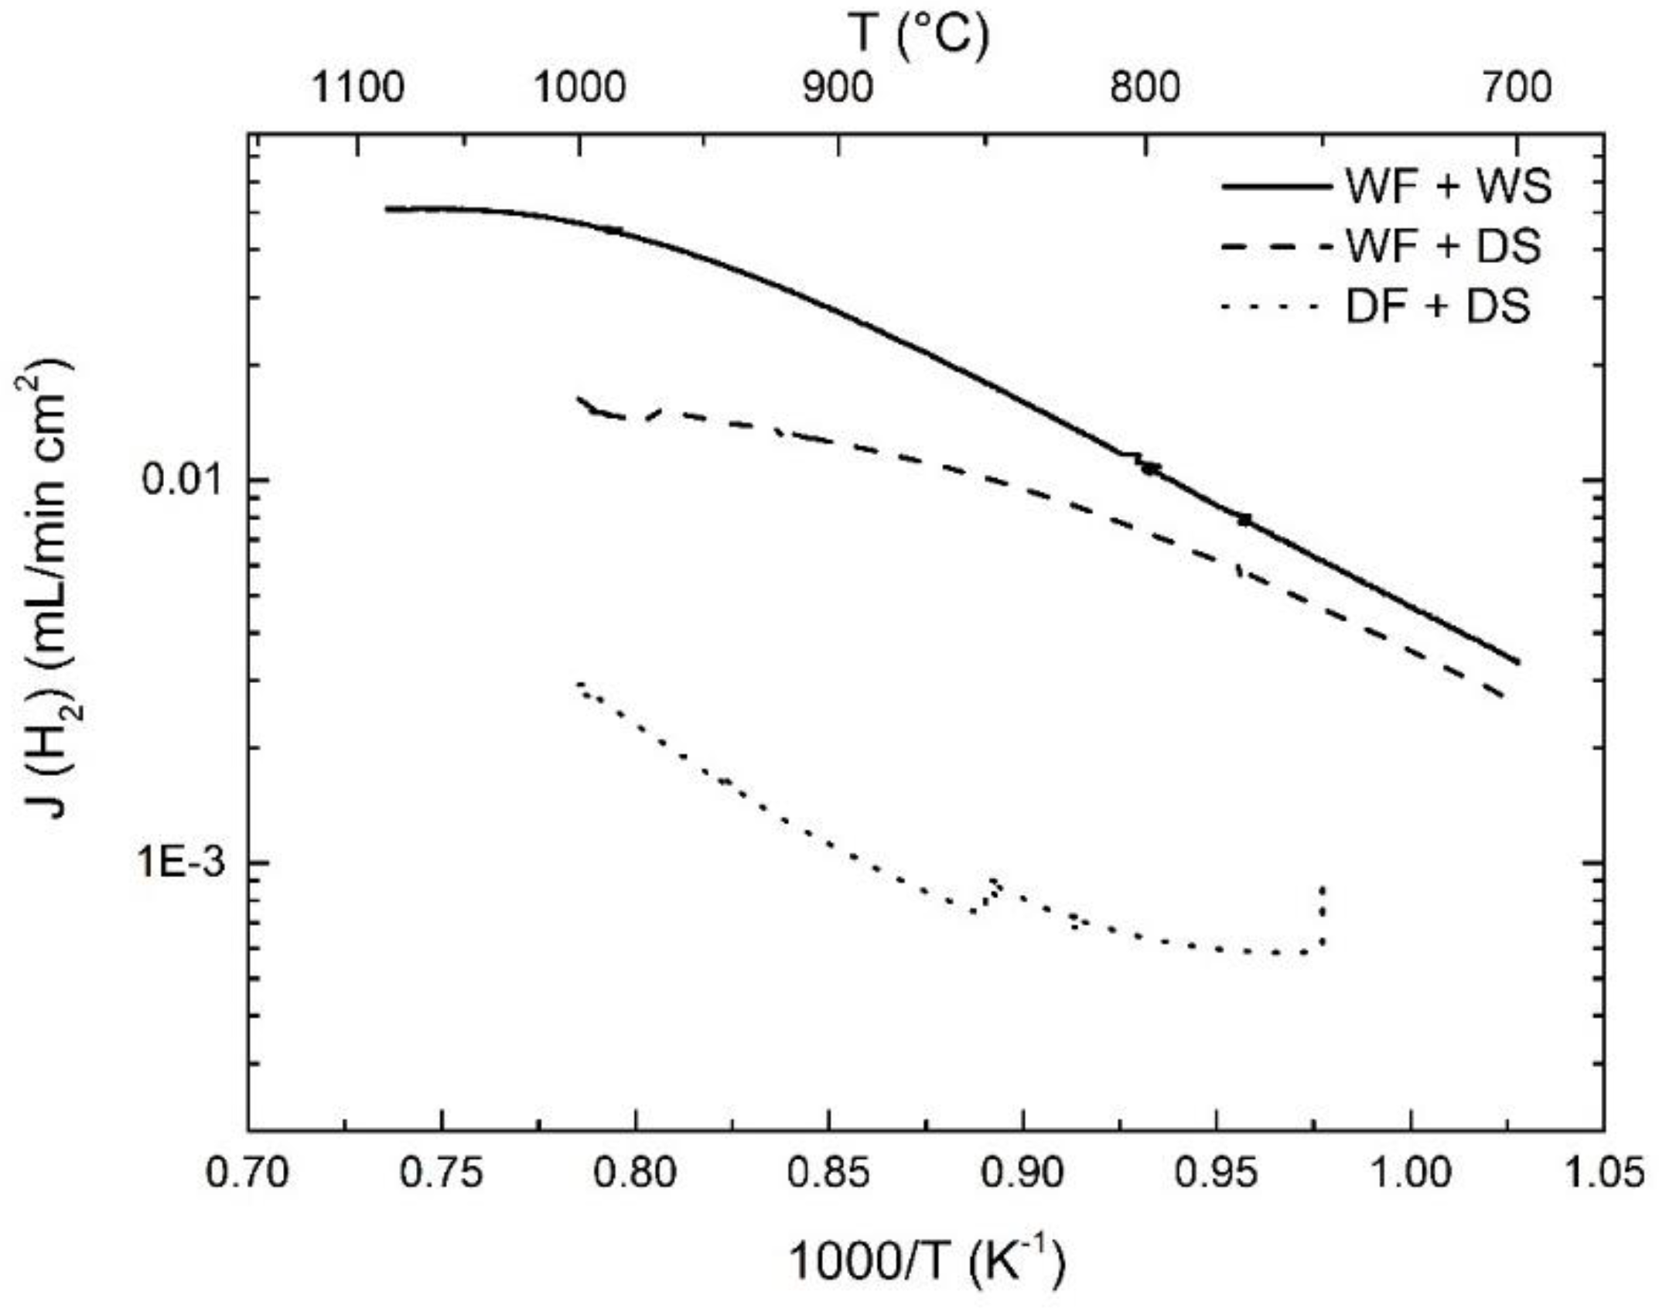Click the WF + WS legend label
point(1448,186)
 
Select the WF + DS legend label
point(1443,247)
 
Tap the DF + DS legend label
point(1438,307)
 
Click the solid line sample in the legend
point(1276,186)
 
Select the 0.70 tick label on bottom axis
point(247,1172)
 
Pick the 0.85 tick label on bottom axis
point(828,1172)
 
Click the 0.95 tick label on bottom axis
point(1216,1172)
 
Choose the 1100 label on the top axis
point(357,87)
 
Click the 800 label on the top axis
point(1145,87)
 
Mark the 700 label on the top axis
point(1517,87)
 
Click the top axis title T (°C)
point(920,35)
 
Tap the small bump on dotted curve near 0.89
point(994,886)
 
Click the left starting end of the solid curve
point(387,209)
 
